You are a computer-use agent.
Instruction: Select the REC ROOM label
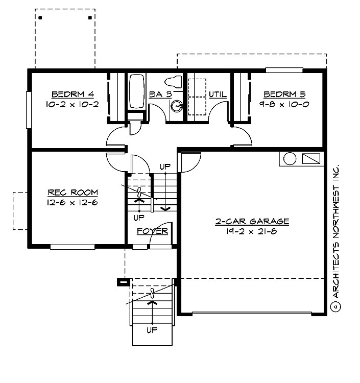73,193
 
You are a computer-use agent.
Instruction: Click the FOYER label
153,231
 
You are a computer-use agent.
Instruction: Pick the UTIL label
218,94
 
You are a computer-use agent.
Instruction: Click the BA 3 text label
159,94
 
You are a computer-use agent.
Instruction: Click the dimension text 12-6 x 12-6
73,202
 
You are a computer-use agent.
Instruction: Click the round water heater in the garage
290,159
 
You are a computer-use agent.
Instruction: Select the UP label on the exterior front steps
152,329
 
